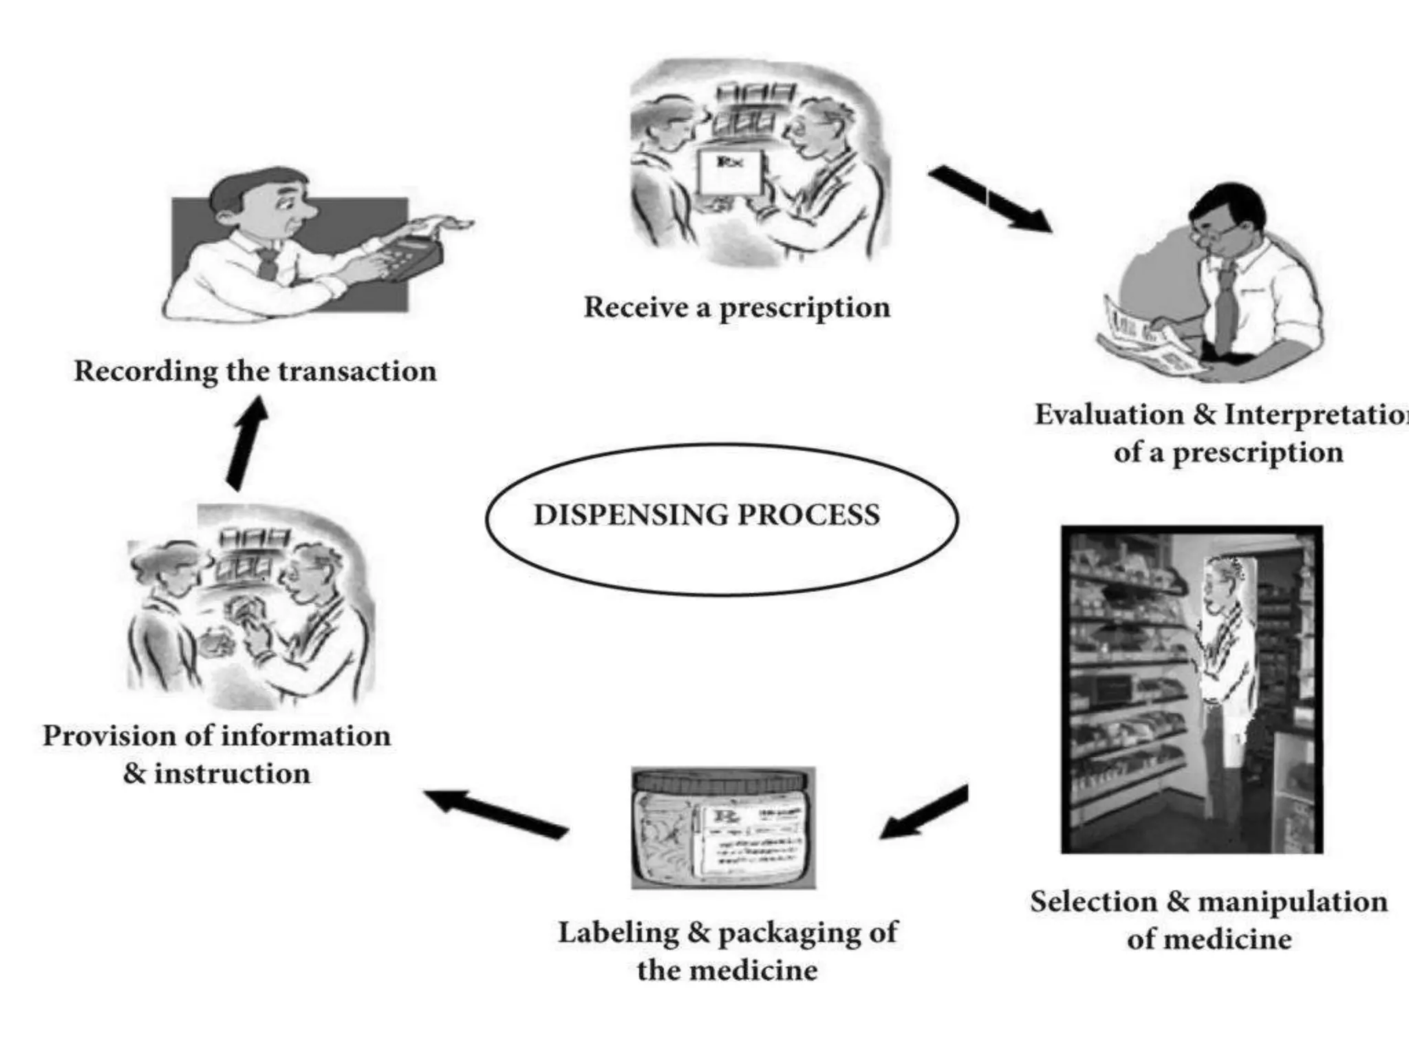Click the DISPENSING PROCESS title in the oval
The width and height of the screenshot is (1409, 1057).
point(707,515)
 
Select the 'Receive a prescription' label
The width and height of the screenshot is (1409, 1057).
point(736,307)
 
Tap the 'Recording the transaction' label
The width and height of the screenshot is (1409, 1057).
point(255,371)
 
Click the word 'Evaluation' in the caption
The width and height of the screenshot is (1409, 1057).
point(1109,415)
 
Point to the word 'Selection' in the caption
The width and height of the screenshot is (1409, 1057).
point(1093,901)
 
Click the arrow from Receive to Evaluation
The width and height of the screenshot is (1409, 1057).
point(991,199)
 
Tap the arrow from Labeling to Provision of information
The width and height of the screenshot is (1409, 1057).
point(495,813)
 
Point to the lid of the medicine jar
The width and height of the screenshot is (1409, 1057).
point(722,780)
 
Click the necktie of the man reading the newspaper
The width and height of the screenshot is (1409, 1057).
point(1223,310)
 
